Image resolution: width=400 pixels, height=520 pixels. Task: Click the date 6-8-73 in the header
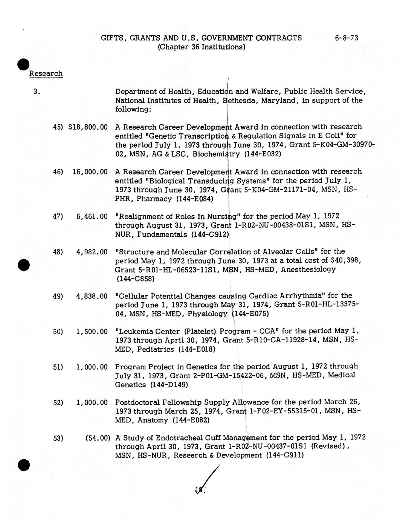tap(346, 38)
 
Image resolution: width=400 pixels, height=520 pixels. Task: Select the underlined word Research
tap(46, 73)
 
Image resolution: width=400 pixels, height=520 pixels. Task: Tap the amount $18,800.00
tap(88, 127)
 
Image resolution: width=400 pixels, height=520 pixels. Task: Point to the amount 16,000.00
tap(90, 172)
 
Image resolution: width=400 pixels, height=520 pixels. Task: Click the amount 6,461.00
tap(92, 217)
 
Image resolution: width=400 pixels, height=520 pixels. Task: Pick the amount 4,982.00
tap(92, 252)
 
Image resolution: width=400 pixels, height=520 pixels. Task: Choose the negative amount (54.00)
tap(98, 438)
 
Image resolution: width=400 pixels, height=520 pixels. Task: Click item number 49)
tap(58, 296)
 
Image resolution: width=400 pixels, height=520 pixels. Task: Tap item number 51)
tap(58, 367)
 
